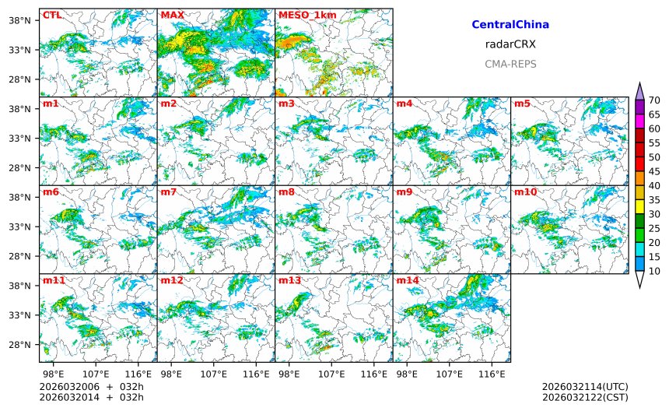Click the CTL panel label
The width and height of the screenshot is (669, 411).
point(52,15)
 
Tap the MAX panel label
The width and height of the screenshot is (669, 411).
point(172,15)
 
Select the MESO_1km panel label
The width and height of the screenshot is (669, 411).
point(299,15)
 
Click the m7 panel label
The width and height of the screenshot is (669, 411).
point(169,191)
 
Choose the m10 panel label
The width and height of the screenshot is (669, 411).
point(526,191)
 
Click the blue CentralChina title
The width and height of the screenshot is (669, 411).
point(510,25)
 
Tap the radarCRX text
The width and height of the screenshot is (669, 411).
point(510,44)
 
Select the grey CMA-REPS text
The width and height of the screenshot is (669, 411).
point(510,64)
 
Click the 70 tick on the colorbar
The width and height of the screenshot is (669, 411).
point(654,100)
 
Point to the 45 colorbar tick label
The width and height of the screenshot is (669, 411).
point(654,171)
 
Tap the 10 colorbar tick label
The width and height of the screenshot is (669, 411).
point(654,271)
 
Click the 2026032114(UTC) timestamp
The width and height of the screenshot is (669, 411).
point(585,387)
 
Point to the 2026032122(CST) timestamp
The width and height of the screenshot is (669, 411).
point(585,397)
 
